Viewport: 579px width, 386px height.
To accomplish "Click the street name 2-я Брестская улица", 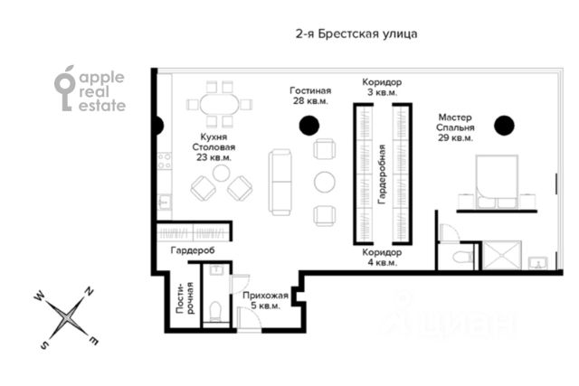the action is pos(356,34).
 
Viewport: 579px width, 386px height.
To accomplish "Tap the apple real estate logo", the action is pos(90,89).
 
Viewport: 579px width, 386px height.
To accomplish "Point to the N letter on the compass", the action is pos(89,291).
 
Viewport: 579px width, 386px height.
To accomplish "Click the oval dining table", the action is pos(219,105).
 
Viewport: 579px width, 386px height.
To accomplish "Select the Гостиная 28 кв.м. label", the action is pos(310,96).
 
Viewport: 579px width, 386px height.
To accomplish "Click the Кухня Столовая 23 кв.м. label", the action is pos(214,146).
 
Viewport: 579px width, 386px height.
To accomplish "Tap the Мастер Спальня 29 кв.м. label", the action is pos(455,127).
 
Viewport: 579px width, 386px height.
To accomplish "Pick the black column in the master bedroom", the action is pos(504,126).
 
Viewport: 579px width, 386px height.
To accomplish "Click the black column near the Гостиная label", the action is pos(309,126).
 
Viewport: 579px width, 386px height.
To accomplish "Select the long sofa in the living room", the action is pos(280,183).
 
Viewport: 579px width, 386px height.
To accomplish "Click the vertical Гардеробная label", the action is pos(382,174).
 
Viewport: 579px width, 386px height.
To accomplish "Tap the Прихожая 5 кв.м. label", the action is pos(265,300).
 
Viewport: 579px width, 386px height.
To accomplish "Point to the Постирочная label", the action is pos(185,298).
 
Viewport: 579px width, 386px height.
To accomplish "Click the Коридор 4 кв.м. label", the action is pos(382,258).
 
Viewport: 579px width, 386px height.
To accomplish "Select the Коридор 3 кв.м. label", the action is pos(382,87).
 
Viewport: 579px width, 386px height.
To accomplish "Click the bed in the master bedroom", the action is pos(497,182).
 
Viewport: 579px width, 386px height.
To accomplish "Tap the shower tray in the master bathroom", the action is pos(502,255).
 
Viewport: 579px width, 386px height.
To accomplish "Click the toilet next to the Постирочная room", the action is pos(215,312).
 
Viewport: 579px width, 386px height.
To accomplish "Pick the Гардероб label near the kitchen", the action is pos(193,250).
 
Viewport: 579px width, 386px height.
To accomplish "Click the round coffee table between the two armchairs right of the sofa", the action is pos(325,182).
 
